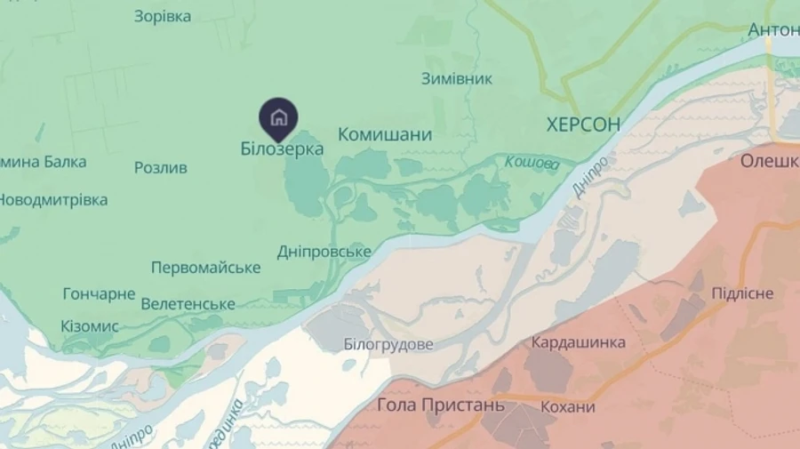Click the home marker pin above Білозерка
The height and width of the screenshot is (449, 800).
click(278, 117)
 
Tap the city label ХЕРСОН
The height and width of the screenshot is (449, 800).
click(583, 124)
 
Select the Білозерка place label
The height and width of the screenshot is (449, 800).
click(282, 149)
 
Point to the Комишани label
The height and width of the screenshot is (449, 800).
click(385, 135)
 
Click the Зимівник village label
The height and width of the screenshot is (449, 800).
click(456, 78)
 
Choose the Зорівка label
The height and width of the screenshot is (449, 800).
click(162, 16)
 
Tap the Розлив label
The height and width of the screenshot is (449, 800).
click(161, 167)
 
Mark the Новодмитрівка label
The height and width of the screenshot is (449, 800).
click(53, 200)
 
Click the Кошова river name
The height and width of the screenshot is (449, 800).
click(532, 163)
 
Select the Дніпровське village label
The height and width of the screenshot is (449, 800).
click(324, 252)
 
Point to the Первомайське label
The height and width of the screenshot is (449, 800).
click(205, 268)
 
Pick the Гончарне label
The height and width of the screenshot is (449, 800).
click(99, 293)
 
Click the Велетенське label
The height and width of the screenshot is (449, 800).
click(188, 304)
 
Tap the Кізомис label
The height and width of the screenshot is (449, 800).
click(90, 326)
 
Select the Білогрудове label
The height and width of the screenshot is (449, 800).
click(388, 344)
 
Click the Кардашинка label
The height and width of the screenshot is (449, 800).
click(578, 342)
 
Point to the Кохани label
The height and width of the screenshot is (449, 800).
click(567, 407)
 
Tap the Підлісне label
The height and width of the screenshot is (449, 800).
click(742, 293)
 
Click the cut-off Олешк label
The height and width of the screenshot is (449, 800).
click(770, 161)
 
